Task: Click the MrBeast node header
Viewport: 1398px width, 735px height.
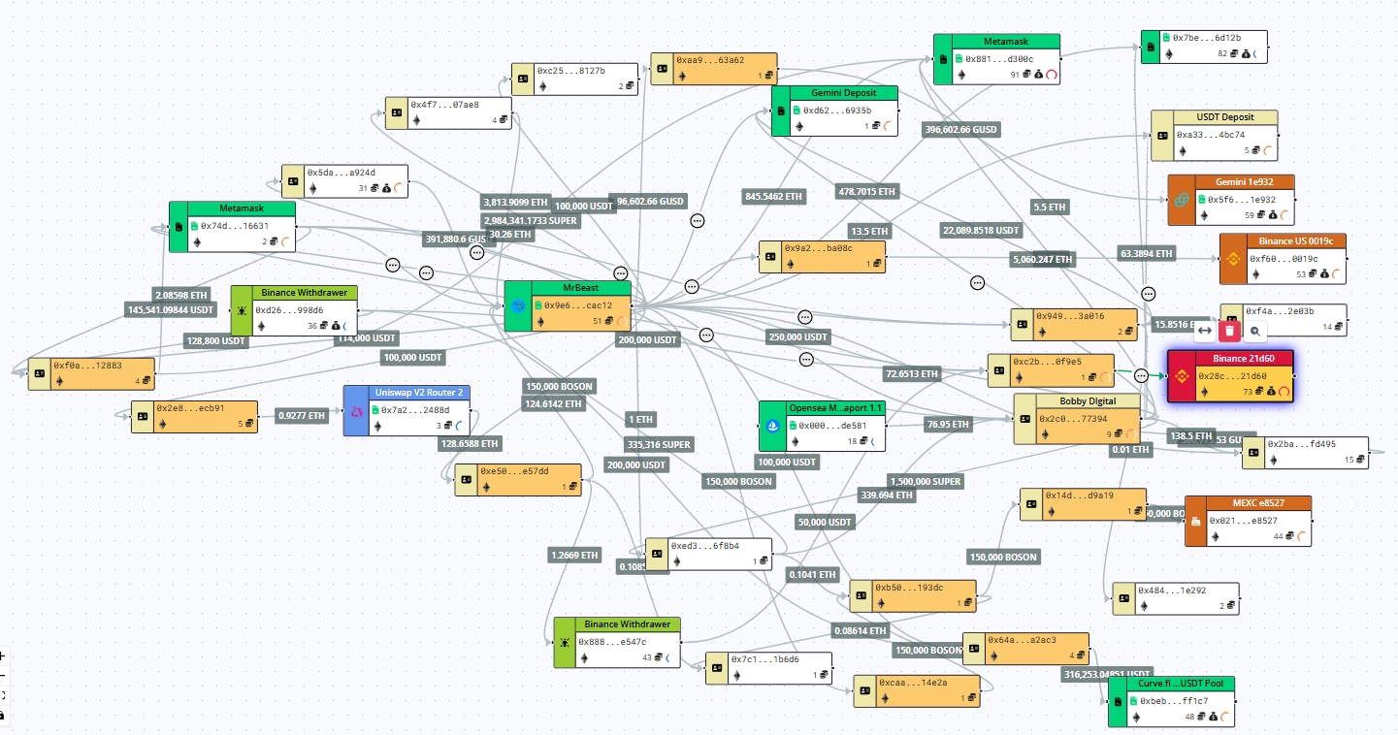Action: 580,289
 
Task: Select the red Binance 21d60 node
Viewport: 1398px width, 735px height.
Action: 1231,375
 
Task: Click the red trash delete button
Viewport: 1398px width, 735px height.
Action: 1229,331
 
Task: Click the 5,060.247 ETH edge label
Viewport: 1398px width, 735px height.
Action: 1043,260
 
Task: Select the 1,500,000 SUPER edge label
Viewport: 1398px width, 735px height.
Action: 926,482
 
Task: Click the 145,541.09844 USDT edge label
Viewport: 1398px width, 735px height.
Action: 171,309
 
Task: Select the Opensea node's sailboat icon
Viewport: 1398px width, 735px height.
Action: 773,427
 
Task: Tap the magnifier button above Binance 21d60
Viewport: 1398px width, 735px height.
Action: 1255,331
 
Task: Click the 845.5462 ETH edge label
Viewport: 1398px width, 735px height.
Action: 773,197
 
